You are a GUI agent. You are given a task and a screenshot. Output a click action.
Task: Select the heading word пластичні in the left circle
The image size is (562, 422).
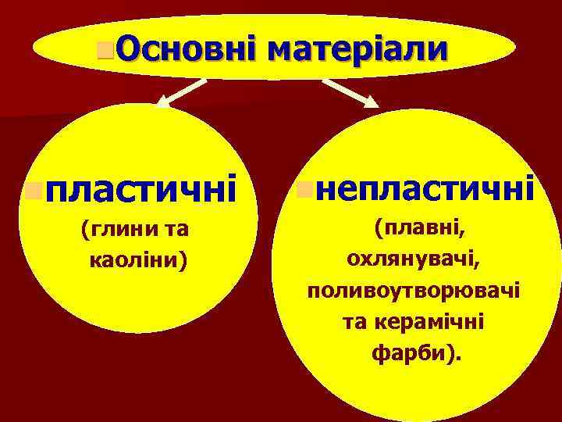140,189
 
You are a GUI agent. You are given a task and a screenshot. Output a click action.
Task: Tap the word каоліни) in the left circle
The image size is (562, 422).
139,259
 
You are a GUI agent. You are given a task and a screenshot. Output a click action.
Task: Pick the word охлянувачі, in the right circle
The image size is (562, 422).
414,259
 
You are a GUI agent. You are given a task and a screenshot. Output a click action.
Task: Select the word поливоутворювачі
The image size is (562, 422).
414,290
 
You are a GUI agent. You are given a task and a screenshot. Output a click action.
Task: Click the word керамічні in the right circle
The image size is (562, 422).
442,321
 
